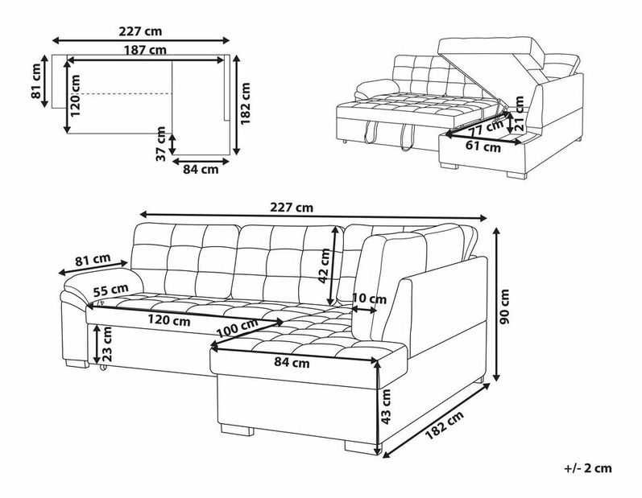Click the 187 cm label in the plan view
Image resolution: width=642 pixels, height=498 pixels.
coord(145,51)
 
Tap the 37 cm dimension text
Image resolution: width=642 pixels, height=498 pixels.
coord(161,143)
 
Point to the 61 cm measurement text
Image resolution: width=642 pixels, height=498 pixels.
coord(483,146)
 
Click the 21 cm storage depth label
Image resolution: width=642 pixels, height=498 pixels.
coord(520,113)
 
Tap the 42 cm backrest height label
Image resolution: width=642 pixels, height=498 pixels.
coord(324,265)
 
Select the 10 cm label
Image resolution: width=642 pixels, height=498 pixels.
coord(369,299)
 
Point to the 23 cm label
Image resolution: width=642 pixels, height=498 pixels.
coord(107,344)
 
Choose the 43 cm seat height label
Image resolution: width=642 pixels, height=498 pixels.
coord(386,406)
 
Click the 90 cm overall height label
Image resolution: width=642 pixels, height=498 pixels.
coord(504,307)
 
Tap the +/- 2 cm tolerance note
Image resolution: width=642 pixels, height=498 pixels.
coord(588,468)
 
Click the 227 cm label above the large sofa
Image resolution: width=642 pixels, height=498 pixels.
coord(292,208)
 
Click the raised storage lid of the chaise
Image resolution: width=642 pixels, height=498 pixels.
coord(491,52)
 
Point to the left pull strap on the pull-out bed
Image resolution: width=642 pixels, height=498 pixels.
coord(369,132)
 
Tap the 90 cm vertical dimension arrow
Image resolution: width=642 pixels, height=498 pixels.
coord(497,305)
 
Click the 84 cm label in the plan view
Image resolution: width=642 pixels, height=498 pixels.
coord(201,169)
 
